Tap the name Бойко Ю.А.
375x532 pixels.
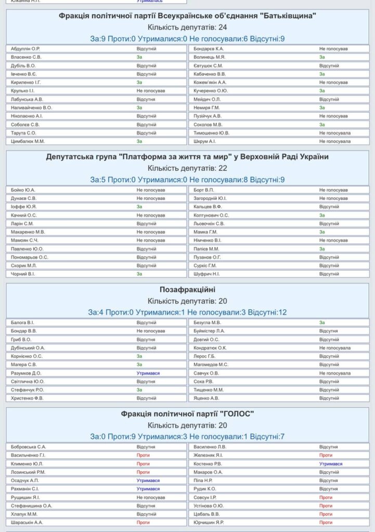tap(23, 190)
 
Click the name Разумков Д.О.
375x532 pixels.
tap(26, 373)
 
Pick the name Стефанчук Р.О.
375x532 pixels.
tap(27, 390)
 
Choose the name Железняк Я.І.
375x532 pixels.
tap(209, 455)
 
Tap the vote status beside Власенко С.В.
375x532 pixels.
tap(139, 57)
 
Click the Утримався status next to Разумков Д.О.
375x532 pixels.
tap(148, 373)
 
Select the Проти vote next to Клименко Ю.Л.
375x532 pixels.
tap(143, 463)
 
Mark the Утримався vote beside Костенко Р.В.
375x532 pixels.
tap(331, 463)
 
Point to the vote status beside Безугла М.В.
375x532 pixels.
tap(322, 323)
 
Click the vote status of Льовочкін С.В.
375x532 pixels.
tap(329, 223)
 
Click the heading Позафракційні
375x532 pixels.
tap(187, 289)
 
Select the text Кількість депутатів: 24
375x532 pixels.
tap(187, 27)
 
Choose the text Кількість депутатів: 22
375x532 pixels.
tap(187, 168)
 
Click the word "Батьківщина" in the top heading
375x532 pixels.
tap(286, 16)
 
